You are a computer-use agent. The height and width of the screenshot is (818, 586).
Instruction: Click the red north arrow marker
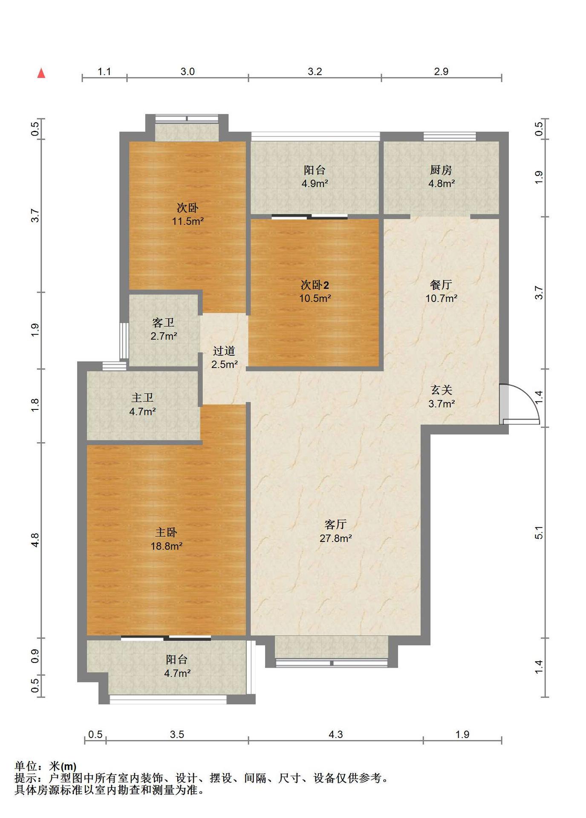(41, 73)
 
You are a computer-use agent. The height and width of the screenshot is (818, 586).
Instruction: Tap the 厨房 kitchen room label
(441, 170)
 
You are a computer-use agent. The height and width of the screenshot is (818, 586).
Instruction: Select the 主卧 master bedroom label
(166, 532)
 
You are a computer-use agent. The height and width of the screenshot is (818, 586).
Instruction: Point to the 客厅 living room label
(335, 524)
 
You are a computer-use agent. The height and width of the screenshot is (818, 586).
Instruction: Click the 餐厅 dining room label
(441, 285)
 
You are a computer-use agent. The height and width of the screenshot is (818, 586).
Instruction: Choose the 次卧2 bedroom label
(315, 285)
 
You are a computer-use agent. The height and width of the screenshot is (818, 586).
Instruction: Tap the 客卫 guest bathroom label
(164, 323)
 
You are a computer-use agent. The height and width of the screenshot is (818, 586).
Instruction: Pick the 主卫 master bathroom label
(142, 398)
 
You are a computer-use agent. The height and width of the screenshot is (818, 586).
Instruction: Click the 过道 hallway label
(224, 351)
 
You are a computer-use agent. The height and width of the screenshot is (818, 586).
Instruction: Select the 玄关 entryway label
(441, 390)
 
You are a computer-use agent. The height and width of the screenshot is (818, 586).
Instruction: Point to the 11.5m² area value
(188, 222)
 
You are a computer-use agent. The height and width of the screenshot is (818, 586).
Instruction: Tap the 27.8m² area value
(336, 539)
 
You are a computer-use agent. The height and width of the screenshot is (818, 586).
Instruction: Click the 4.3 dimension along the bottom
(336, 734)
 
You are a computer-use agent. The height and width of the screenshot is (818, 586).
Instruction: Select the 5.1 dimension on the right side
(539, 533)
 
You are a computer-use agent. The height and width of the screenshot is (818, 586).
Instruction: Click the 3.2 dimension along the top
(315, 72)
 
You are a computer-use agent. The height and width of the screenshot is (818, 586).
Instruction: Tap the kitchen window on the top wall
(450, 136)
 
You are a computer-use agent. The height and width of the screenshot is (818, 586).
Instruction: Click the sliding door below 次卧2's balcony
(309, 217)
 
